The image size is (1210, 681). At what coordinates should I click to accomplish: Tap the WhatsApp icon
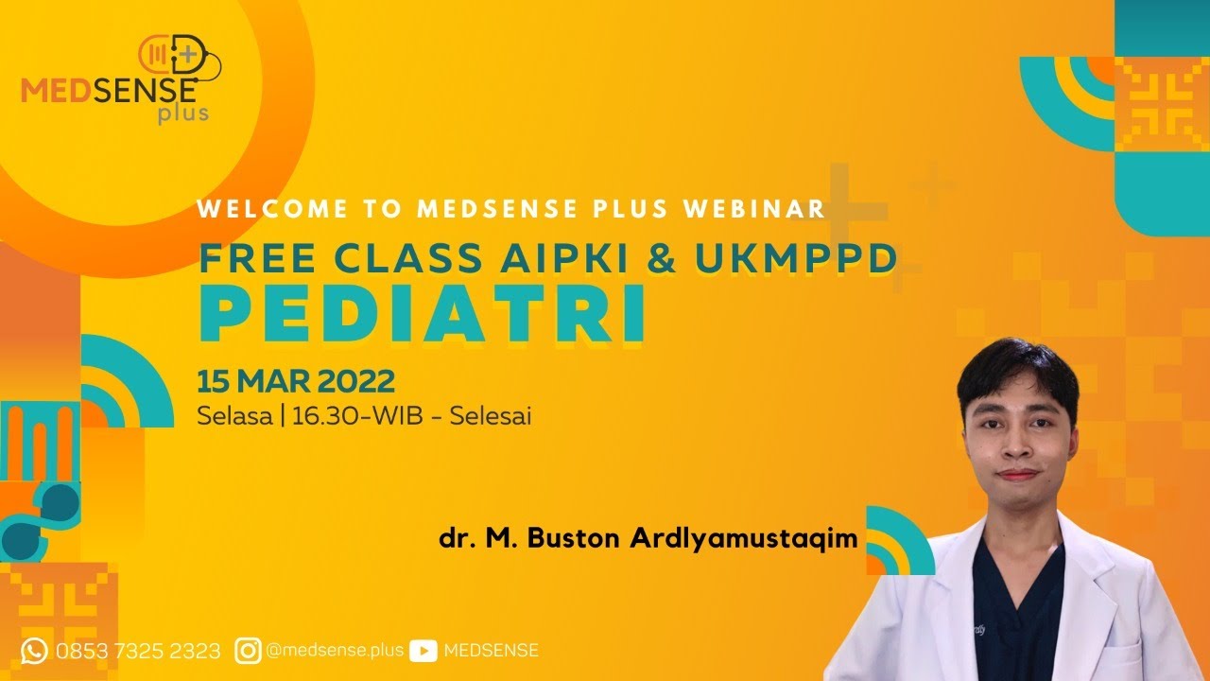34,651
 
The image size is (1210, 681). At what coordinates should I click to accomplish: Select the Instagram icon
249,651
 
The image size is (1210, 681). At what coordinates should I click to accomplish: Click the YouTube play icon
423,651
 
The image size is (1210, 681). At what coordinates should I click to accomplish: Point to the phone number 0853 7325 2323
138,651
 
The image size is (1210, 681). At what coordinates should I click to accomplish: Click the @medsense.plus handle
335,651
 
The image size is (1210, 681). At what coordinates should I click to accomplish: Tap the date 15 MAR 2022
296,382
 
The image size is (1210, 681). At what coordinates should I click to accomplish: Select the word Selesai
491,416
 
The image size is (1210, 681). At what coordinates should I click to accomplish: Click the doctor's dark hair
1016,364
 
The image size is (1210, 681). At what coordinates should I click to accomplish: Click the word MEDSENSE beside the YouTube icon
491,651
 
